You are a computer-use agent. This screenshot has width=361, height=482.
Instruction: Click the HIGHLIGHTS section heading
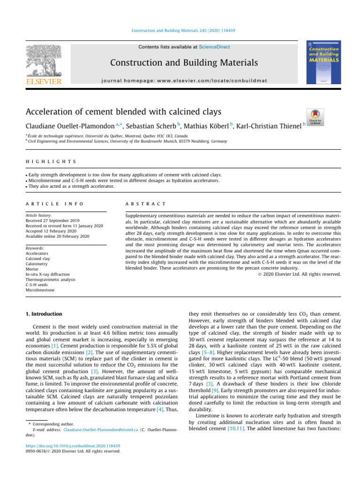[52, 161]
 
